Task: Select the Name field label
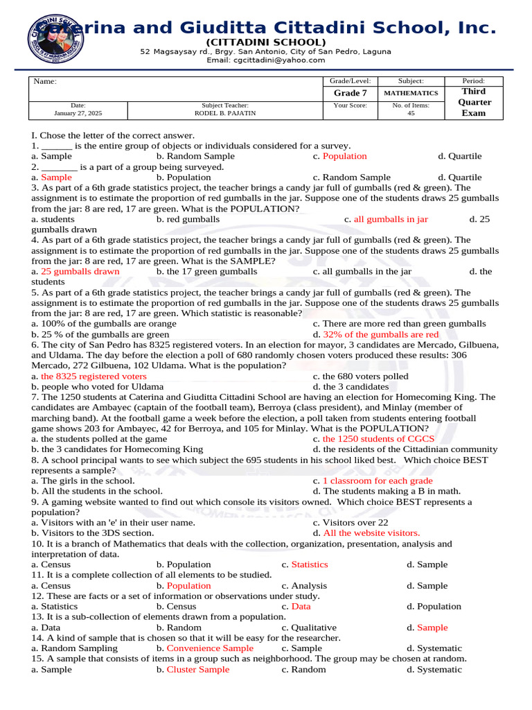click(45, 82)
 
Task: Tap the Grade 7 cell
click(346, 93)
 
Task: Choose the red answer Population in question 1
click(345, 157)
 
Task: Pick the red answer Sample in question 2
click(56, 177)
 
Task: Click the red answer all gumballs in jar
click(391, 219)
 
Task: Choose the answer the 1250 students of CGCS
click(378, 439)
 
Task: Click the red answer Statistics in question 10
click(310, 564)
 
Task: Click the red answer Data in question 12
click(301, 607)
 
